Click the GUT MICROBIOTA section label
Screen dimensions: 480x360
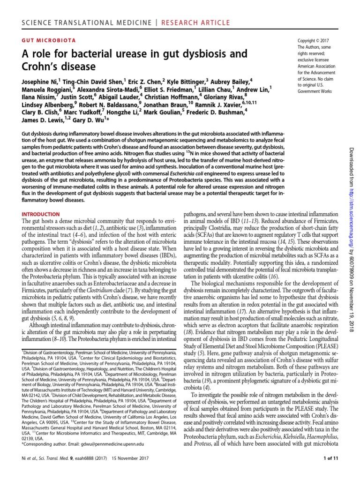coord(49,41)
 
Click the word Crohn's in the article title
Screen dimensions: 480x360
coord(42,66)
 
